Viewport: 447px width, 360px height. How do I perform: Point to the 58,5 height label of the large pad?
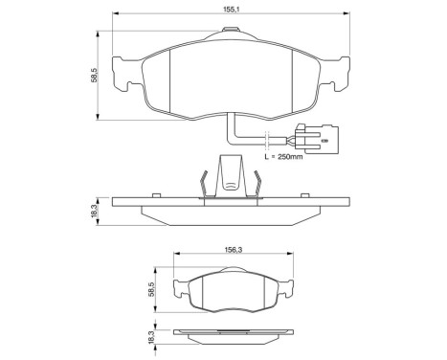click(95, 75)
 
